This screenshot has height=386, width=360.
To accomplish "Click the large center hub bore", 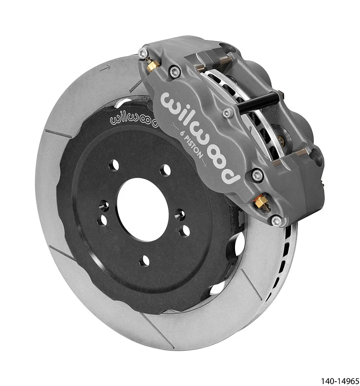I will click(x=142, y=209).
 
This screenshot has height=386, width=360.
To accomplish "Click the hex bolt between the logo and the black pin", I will click(x=227, y=113).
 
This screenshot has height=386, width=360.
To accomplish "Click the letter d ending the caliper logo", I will click(x=232, y=174).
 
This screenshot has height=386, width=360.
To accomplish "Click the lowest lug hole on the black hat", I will click(x=144, y=261).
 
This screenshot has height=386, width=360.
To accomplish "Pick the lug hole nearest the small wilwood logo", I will click(x=114, y=165).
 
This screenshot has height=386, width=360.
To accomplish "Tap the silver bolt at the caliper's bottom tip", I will click(x=276, y=221).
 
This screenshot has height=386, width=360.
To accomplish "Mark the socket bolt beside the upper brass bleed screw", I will click(x=175, y=72).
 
